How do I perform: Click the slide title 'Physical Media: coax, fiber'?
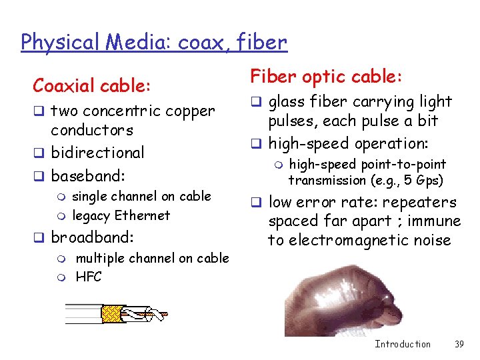point(154,42)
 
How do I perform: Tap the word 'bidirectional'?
point(97,153)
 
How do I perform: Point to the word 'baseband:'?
point(89,177)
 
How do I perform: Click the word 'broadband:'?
point(92,237)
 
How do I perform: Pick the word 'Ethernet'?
point(143,215)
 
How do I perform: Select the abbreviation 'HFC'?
point(89,276)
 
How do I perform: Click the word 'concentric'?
point(123,111)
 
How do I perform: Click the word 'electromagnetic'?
point(339,240)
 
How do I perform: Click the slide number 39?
point(459,344)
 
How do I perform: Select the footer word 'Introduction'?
point(403,344)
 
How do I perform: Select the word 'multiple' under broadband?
point(99,258)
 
